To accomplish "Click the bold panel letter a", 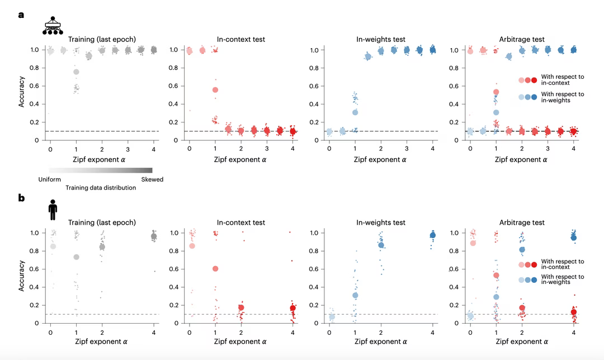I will click(x=21, y=15).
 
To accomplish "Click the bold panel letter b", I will click(x=21, y=197).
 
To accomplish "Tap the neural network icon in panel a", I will click(x=53, y=26).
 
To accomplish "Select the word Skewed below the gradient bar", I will click(x=152, y=179).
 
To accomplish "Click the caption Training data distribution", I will click(x=101, y=188).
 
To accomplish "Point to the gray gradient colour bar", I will click(x=101, y=170).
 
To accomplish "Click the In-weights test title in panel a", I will click(x=380, y=39).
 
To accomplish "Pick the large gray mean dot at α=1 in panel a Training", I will click(x=76, y=72).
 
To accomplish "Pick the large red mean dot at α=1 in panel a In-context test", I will click(x=215, y=90).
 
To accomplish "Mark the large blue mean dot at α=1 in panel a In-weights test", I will click(x=355, y=112).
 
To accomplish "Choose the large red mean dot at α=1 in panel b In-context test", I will click(x=215, y=269).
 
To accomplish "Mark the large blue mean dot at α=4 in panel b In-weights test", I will click(x=432, y=235).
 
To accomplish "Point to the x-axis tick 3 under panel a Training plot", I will click(x=128, y=150).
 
